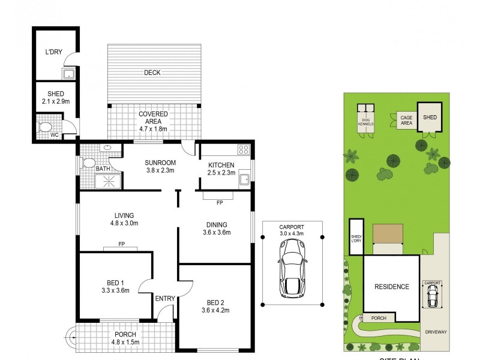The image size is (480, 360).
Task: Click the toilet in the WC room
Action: point(46,128)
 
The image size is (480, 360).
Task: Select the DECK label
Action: point(152,73)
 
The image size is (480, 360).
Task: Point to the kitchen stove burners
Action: point(244,150)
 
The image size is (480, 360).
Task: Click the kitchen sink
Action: point(244,178)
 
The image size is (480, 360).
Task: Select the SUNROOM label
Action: point(160,163)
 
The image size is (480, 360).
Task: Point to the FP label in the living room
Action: point(121,244)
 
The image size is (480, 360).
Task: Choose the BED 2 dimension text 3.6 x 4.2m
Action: point(216,310)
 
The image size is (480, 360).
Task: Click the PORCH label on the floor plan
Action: point(125,334)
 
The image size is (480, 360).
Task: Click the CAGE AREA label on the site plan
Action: point(406,121)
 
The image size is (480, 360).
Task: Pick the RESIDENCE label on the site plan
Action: point(392,287)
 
